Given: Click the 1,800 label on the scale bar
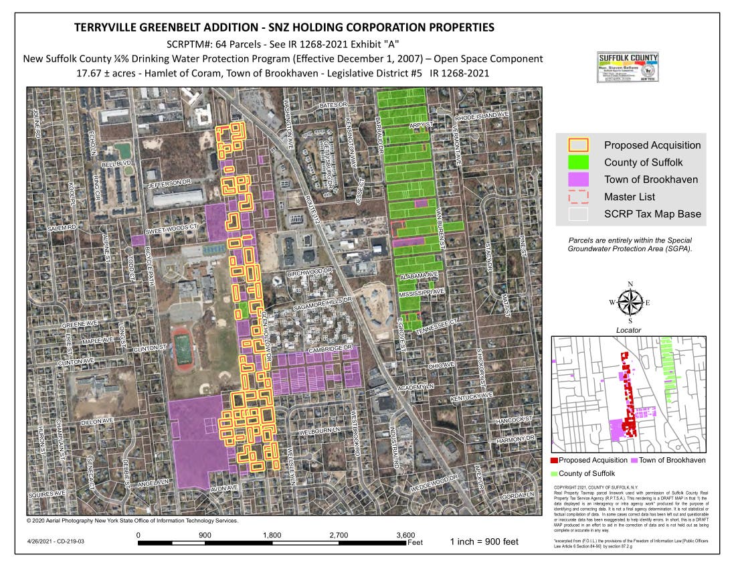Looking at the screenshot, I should pos(272,535).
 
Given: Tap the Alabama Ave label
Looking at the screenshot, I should pos(419,276).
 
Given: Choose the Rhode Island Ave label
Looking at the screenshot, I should pos(482,116).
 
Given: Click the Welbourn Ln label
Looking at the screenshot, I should pos(319,429).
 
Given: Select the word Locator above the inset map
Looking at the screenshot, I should pos(628,330).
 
